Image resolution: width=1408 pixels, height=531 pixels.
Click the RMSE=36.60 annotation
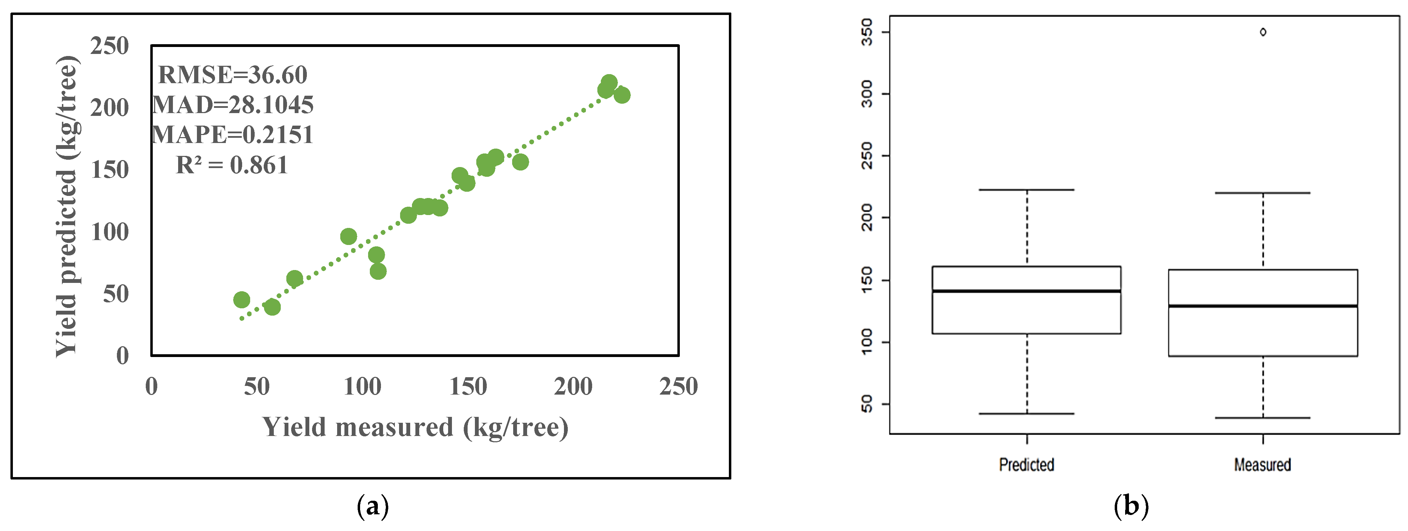(x=232, y=75)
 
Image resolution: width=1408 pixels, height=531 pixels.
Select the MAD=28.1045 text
(x=232, y=105)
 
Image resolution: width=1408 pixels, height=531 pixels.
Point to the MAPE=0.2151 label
(x=232, y=135)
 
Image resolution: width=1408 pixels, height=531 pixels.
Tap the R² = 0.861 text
(x=231, y=165)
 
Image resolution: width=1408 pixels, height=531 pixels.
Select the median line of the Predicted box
(x=1026, y=291)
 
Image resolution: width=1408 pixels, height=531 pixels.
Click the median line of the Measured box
(x=1263, y=306)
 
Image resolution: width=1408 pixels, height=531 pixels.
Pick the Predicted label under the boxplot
(x=1026, y=465)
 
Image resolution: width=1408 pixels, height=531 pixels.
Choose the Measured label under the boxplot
(x=1263, y=465)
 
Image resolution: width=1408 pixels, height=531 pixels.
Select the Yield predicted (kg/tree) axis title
(x=68, y=207)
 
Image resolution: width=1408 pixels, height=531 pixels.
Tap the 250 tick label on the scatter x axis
(x=678, y=387)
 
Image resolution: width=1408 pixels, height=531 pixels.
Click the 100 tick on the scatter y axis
(x=109, y=232)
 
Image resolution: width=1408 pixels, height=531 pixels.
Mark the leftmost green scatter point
(x=241, y=300)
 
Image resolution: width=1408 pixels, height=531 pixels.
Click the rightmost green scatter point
(x=621, y=95)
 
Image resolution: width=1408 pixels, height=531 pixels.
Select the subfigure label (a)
(x=373, y=506)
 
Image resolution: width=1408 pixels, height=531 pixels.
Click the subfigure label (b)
(x=1131, y=506)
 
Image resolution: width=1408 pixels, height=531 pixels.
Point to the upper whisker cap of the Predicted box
(x=1026, y=190)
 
